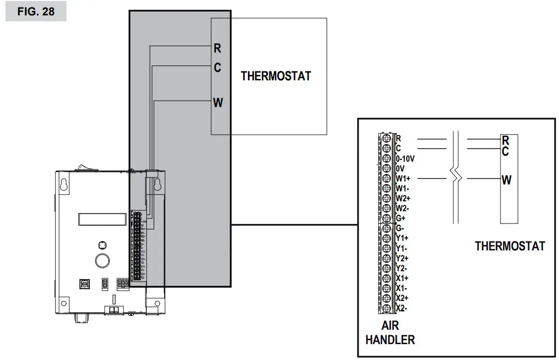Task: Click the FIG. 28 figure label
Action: pyautogui.click(x=36, y=11)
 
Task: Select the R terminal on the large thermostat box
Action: pyautogui.click(x=217, y=48)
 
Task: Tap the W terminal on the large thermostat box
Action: pyautogui.click(x=218, y=103)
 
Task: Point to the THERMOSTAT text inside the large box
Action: pyautogui.click(x=276, y=76)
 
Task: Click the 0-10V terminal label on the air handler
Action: pyautogui.click(x=405, y=159)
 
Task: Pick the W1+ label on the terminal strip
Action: pyautogui.click(x=402, y=179)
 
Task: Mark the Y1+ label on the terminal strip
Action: pyautogui.click(x=402, y=239)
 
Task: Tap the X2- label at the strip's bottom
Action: pyautogui.click(x=401, y=308)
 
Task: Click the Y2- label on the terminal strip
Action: pyautogui.click(x=402, y=268)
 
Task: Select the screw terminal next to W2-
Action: pyautogui.click(x=386, y=208)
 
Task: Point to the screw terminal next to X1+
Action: pyautogui.click(x=386, y=278)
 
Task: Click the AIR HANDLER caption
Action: pyautogui.click(x=390, y=333)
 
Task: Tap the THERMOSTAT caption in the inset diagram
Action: pyautogui.click(x=509, y=246)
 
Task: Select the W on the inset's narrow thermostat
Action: pyautogui.click(x=506, y=180)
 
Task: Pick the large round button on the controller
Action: pyautogui.click(x=102, y=260)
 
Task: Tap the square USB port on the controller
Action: pyautogui.click(x=83, y=284)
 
